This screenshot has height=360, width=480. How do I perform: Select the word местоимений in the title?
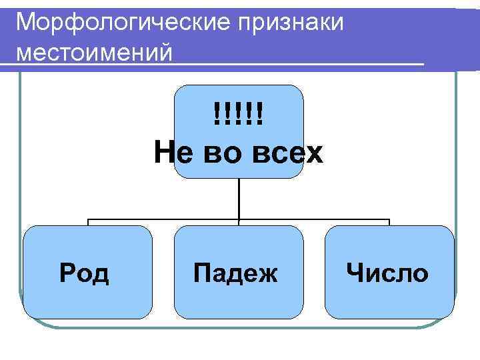(94, 51)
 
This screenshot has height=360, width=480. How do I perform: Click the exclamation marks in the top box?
(239, 113)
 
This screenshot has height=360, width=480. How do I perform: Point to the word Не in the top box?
(171, 153)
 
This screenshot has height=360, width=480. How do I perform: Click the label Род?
(85, 273)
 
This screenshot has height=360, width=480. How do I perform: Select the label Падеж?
(235, 273)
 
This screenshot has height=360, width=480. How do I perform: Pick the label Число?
(387, 273)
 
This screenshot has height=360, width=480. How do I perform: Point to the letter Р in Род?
(67, 273)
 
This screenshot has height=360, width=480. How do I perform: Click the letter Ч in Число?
(355, 273)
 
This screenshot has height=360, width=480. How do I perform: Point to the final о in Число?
(420, 273)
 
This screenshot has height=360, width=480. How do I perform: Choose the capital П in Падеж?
(201, 273)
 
